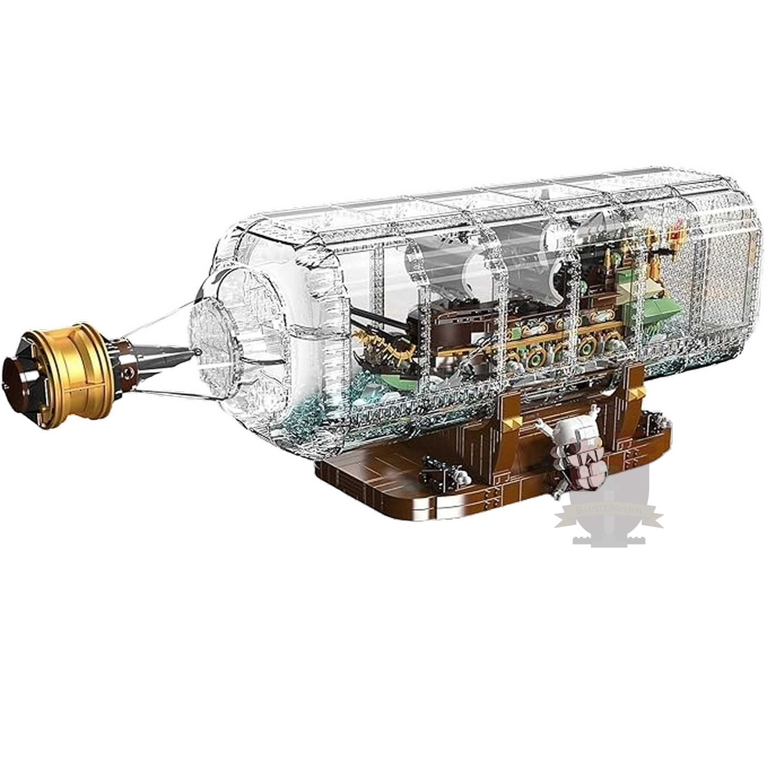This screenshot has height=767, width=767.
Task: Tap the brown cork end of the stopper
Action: [x=18, y=373]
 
